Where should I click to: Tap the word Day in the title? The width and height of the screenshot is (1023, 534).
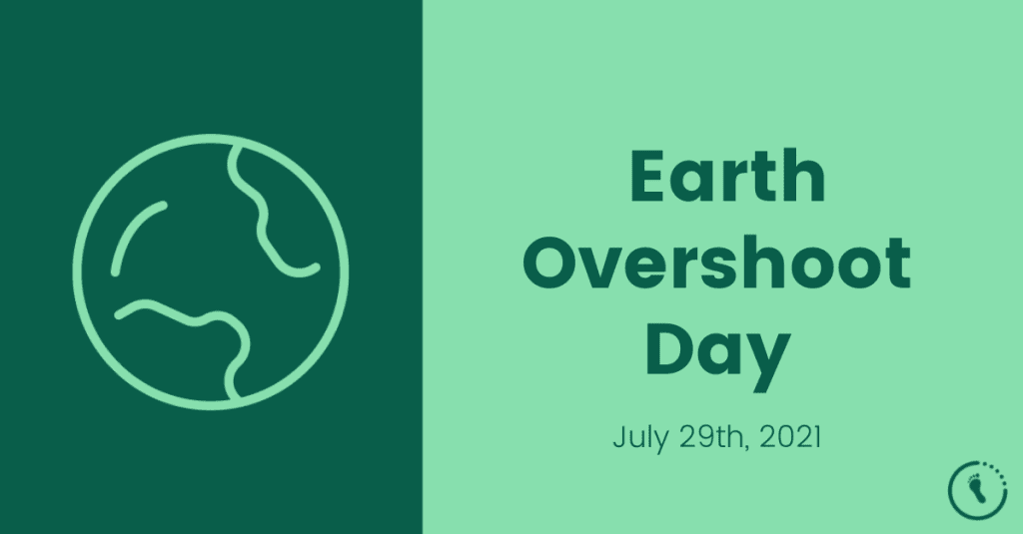coord(717,351)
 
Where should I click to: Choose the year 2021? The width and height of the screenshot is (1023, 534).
coord(789,436)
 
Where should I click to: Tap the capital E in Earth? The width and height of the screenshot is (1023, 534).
coord(647,178)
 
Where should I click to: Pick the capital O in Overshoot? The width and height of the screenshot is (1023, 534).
coord(552,264)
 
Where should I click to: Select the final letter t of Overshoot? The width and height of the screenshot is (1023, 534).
coord(898,264)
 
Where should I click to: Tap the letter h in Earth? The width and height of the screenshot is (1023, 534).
coord(805,177)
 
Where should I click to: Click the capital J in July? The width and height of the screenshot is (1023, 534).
coord(619,436)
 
